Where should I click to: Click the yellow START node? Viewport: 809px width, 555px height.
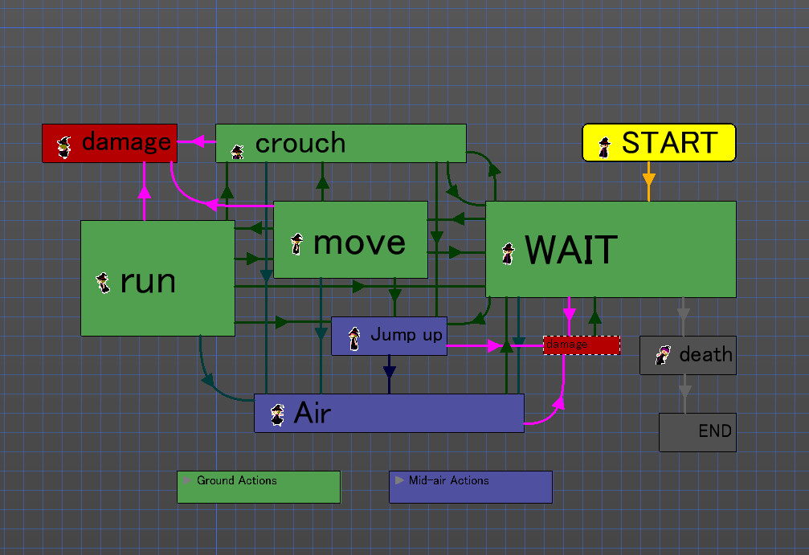[x=659, y=143]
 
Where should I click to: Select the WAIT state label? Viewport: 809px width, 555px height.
[x=571, y=251]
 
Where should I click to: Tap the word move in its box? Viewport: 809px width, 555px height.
[x=359, y=242]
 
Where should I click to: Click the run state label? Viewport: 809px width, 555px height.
[x=148, y=281]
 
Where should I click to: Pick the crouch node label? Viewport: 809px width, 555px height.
[x=300, y=144]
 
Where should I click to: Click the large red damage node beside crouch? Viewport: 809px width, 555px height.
[x=109, y=143]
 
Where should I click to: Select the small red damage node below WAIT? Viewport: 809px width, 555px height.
[x=582, y=345]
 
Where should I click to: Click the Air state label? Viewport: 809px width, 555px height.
[x=313, y=413]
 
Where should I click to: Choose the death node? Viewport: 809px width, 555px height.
[x=687, y=355]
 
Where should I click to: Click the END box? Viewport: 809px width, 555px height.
[x=697, y=432]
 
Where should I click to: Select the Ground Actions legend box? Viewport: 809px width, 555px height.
[x=259, y=487]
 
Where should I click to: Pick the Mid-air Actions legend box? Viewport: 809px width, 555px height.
[x=471, y=487]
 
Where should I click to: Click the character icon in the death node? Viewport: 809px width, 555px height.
[x=663, y=355]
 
